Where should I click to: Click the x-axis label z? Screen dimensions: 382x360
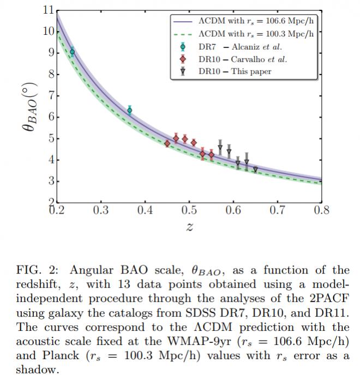(x=189, y=227)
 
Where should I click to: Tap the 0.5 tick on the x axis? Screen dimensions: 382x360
(x=189, y=210)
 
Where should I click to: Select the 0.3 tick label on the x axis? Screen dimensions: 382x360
(x=100, y=210)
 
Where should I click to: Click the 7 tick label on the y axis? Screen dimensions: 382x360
(x=50, y=96)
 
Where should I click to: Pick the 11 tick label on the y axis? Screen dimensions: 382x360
(x=48, y=10)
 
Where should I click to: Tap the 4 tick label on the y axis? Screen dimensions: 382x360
(x=50, y=160)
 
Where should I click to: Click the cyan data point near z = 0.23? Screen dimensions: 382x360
(x=72, y=52)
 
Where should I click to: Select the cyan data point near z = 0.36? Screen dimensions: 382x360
(x=129, y=110)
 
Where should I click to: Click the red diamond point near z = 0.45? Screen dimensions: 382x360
(x=167, y=143)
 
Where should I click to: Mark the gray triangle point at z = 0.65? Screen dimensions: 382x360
(x=255, y=169)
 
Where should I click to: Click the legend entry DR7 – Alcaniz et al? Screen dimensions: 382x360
(x=239, y=47)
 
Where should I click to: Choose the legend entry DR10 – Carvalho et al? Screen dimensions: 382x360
(x=242, y=59)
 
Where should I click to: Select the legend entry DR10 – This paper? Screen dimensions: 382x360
(x=235, y=71)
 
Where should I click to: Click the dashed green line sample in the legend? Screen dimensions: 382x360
(x=181, y=34)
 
